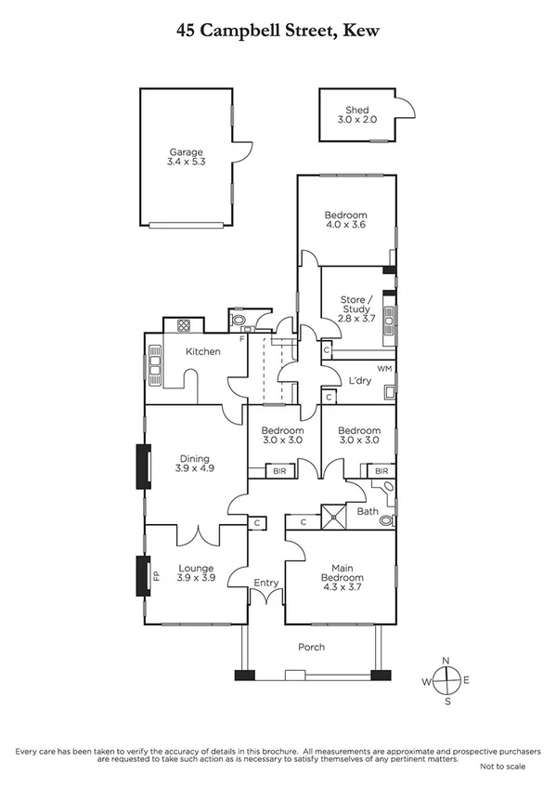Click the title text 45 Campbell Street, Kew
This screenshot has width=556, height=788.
tap(278, 31)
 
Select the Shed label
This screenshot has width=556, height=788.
tap(357, 115)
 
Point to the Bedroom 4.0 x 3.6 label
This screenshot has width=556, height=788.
tap(346, 219)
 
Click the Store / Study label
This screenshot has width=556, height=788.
tap(357, 305)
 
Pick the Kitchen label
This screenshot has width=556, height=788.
tap(202, 351)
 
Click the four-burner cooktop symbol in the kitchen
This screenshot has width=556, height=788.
tap(184, 325)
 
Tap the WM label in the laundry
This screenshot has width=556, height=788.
tap(384, 370)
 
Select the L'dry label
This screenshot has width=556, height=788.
tap(359, 381)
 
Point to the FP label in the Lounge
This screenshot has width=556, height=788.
tap(155, 576)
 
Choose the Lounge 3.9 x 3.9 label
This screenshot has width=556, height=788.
tap(196, 572)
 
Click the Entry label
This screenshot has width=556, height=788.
tap(265, 583)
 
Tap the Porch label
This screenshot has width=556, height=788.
tap(311, 647)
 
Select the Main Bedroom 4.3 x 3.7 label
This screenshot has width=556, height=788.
tap(342, 572)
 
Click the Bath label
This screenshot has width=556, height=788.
tap(368, 511)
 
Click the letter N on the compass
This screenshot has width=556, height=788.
tap(446, 661)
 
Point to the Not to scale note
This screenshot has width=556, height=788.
tap(502, 767)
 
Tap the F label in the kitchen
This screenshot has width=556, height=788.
tap(242, 338)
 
